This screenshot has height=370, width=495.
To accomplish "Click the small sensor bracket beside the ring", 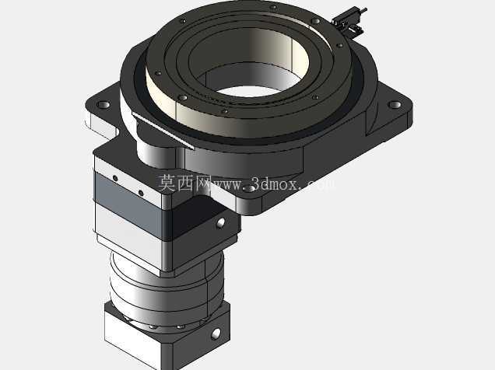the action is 349,22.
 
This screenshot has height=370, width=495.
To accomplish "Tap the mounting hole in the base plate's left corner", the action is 104,104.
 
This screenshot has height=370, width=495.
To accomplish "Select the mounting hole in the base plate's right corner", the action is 394,104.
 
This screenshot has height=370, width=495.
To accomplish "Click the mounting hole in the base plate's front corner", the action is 249,189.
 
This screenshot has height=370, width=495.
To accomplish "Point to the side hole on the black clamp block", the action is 221,223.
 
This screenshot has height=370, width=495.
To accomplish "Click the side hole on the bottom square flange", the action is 216,333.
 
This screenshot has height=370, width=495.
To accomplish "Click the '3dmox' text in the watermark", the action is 274,184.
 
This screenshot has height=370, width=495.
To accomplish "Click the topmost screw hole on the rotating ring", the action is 274,7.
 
